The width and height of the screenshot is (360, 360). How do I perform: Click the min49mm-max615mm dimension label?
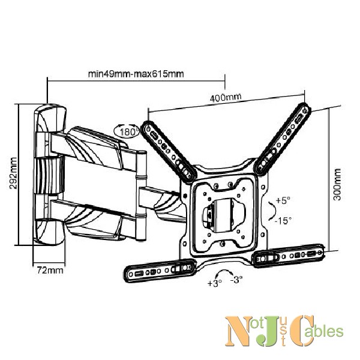coord(136,74)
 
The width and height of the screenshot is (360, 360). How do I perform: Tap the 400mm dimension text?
coord(226,97)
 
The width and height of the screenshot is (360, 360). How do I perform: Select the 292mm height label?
coord(13,173)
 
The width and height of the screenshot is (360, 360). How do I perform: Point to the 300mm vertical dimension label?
coord(337,184)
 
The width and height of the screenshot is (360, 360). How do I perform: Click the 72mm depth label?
coord(50,270)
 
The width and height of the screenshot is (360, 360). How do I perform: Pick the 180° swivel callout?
coord(127,131)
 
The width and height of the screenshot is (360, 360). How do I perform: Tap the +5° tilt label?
coord(283,200)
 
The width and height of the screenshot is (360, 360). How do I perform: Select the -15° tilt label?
coord(283,221)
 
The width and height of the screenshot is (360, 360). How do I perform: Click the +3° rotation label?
coord(214,283)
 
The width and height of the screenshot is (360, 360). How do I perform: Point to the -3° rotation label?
coord(236,280)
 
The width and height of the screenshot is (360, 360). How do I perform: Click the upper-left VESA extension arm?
coord(169,152)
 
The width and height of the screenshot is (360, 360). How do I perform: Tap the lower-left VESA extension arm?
coord(160,270)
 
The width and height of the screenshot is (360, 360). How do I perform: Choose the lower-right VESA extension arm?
coord(289,256)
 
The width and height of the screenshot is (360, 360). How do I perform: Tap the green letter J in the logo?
coord(266,331)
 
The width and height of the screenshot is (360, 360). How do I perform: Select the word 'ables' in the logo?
coord(329,331)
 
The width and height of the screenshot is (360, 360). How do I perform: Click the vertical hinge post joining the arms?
coord(141,196)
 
